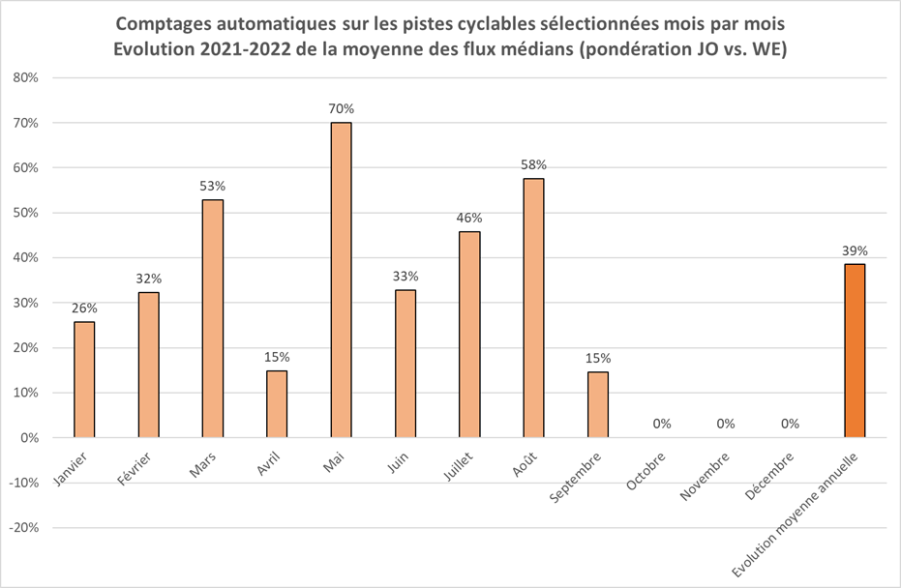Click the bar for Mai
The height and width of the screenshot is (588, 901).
(x=341, y=279)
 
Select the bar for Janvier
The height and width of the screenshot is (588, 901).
(x=84, y=379)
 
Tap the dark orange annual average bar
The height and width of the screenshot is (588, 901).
(x=854, y=350)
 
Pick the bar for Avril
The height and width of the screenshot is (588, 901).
(x=277, y=404)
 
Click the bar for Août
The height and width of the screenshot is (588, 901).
(x=533, y=308)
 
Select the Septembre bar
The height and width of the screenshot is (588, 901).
(x=597, y=404)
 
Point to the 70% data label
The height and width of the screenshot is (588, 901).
(x=341, y=108)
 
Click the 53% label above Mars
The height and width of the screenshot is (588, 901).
(x=213, y=186)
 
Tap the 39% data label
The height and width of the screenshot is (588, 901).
(x=854, y=250)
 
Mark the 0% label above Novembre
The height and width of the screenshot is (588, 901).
(x=726, y=424)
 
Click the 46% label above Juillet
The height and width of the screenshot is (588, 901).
(x=469, y=218)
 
